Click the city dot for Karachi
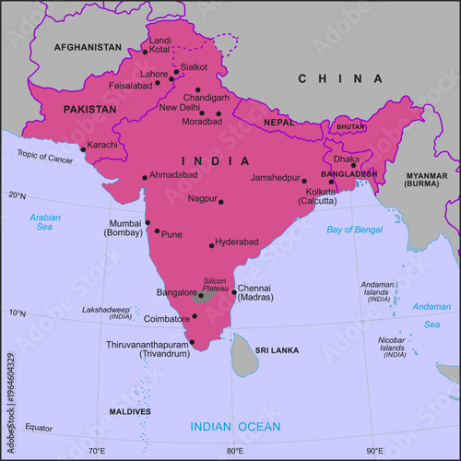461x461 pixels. (83, 148)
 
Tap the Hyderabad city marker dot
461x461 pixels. (211, 245)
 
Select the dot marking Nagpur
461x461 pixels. (221, 202)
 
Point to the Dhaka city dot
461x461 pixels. (353, 166)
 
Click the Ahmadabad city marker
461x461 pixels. (145, 177)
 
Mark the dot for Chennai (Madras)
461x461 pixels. (234, 292)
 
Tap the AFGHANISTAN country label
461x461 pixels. (88, 46)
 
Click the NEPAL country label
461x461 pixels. (278, 122)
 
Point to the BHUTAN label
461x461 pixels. (350, 126)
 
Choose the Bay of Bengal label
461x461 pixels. (354, 229)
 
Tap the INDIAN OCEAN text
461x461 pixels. (234, 426)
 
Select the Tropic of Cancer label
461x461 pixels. (45, 159)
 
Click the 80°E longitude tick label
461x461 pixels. (235, 451)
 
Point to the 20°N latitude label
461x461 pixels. (18, 195)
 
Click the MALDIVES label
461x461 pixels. (130, 411)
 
